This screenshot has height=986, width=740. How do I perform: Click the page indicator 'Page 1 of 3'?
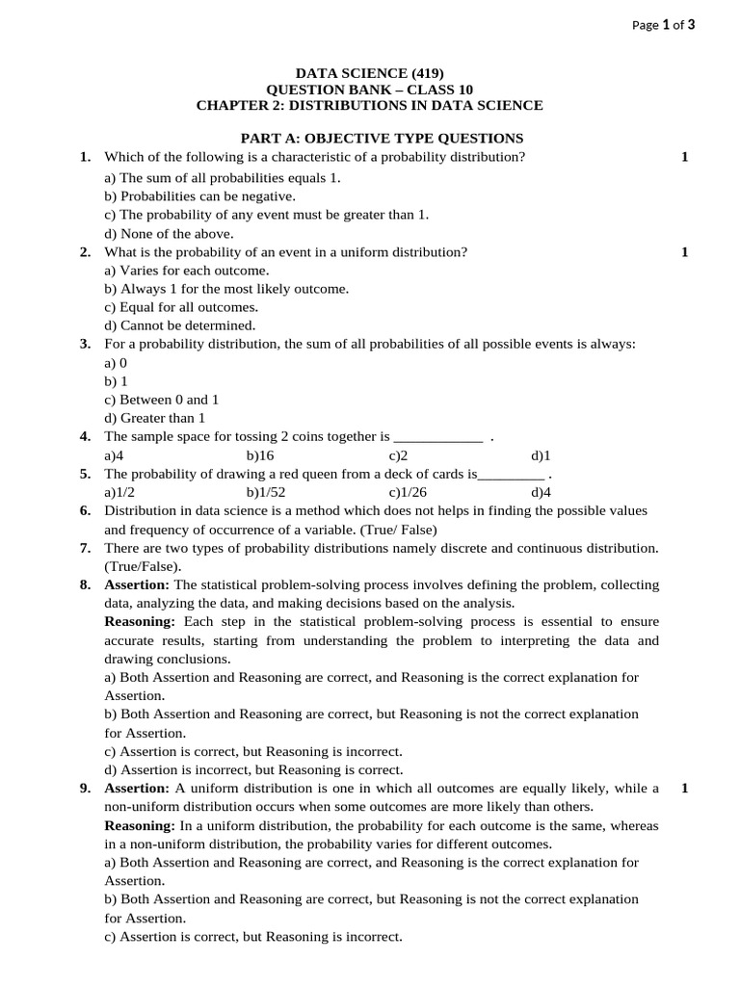[663, 26]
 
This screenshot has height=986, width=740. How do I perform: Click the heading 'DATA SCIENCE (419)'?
[369, 73]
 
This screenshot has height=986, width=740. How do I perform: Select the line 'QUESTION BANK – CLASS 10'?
[369, 90]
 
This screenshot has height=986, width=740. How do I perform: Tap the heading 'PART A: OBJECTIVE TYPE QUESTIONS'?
[382, 139]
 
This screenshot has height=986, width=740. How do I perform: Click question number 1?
[85, 157]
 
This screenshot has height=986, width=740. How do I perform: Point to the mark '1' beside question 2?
[684, 252]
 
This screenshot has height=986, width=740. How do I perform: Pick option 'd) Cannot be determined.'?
[180, 325]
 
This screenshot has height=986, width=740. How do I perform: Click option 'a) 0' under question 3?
[116, 363]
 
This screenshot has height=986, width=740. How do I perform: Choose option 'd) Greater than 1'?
[155, 418]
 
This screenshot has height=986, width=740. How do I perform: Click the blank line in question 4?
[438, 438]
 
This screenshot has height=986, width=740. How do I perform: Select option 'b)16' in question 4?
[260, 455]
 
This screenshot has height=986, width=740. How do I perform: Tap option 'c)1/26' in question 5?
[408, 492]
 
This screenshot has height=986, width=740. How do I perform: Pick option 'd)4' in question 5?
[541, 492]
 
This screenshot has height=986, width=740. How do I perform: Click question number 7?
[85, 548]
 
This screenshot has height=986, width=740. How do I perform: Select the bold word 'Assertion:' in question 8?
[137, 584]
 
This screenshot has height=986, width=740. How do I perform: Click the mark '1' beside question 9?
[684, 789]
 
